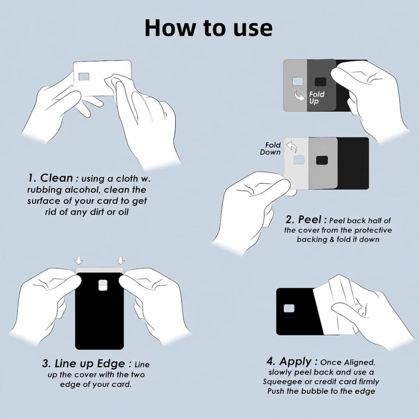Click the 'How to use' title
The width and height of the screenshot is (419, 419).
point(209,28)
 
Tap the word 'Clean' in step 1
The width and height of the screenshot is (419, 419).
point(56,178)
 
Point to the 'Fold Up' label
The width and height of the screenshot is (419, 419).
point(316,97)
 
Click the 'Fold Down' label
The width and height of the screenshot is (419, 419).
point(270,148)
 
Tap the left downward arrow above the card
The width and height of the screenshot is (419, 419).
point(79,260)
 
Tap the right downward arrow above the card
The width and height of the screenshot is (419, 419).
point(121,260)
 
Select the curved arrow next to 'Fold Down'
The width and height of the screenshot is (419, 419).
point(292,147)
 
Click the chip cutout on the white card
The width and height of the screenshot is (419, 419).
point(84,77)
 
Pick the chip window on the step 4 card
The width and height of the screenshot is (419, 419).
point(289,308)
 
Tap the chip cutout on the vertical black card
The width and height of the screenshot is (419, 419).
point(103,285)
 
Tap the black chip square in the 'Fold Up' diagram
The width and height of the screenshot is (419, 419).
point(320,82)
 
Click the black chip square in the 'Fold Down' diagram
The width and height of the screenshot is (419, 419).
point(322,160)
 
